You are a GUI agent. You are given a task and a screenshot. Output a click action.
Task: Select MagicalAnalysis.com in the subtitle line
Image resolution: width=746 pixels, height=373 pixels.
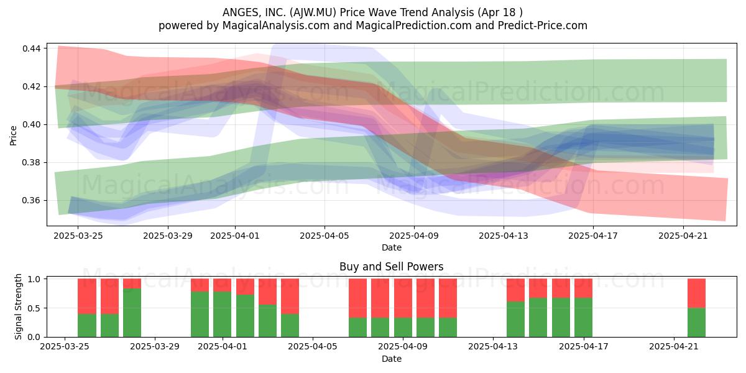pyautogui.click(x=276, y=25)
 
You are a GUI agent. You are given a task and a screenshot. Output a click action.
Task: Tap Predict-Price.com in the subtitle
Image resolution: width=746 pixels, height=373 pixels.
pyautogui.click(x=543, y=25)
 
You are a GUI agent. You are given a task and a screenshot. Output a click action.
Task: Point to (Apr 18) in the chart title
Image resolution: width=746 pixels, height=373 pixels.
pyautogui.click(x=500, y=12)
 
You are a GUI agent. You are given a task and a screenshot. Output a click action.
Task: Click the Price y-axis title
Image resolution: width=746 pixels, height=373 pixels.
pyautogui.click(x=13, y=136)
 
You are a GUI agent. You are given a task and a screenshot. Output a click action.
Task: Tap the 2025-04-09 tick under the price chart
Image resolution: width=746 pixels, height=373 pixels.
pyautogui.click(x=414, y=236)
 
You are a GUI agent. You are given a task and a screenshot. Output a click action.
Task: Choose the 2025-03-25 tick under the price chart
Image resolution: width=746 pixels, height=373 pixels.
pyautogui.click(x=78, y=236)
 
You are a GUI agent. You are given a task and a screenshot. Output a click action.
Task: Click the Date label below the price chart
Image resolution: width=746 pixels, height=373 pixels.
pyautogui.click(x=392, y=247)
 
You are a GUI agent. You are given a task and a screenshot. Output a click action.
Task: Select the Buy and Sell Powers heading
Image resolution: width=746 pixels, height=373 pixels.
pyautogui.click(x=391, y=267)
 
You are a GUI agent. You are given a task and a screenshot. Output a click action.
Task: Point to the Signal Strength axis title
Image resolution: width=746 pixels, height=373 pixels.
pyautogui.click(x=18, y=306)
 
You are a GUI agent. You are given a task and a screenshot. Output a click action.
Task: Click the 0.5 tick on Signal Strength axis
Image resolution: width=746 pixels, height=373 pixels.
pyautogui.click(x=34, y=308)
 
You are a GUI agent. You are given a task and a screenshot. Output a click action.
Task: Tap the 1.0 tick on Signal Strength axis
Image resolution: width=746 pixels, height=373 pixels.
pyautogui.click(x=34, y=279)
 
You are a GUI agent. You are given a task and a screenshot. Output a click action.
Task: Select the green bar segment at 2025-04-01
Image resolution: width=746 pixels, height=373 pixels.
pyautogui.click(x=223, y=315)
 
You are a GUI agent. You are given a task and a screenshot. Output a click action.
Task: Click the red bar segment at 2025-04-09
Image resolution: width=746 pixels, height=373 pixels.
pyautogui.click(x=403, y=298)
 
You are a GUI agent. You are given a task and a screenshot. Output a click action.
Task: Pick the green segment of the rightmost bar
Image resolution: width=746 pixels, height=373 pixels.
pyautogui.click(x=697, y=323)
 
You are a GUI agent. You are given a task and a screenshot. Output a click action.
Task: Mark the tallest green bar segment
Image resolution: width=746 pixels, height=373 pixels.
pyautogui.click(x=132, y=313)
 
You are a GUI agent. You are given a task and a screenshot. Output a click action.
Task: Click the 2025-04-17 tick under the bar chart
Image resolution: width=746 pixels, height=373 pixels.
pyautogui.click(x=584, y=346)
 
